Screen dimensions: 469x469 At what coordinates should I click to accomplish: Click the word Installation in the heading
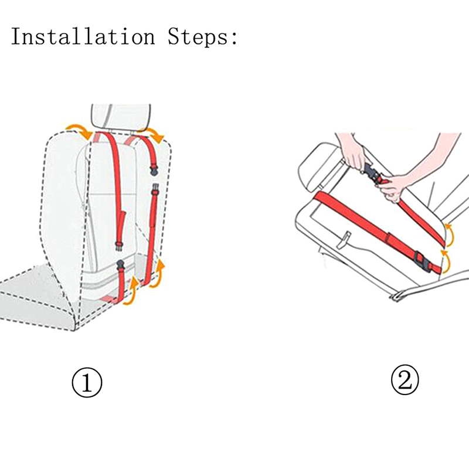tap(83, 36)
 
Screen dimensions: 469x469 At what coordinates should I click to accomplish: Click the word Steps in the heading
tap(198, 36)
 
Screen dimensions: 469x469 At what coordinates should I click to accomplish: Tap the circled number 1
tap(87, 383)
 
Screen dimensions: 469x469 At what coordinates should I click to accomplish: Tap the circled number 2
tap(405, 379)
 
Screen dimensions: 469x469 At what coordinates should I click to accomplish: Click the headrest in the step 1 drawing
tap(121, 117)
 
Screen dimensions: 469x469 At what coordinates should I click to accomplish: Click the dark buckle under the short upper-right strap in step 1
tap(154, 171)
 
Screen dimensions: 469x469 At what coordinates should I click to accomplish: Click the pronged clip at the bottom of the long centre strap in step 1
tap(119, 246)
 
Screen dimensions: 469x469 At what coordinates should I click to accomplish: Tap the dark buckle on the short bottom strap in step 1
tap(121, 265)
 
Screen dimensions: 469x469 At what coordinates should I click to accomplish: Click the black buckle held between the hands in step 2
tap(372, 174)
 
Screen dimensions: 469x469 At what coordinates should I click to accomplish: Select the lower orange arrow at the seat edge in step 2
tap(445, 262)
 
